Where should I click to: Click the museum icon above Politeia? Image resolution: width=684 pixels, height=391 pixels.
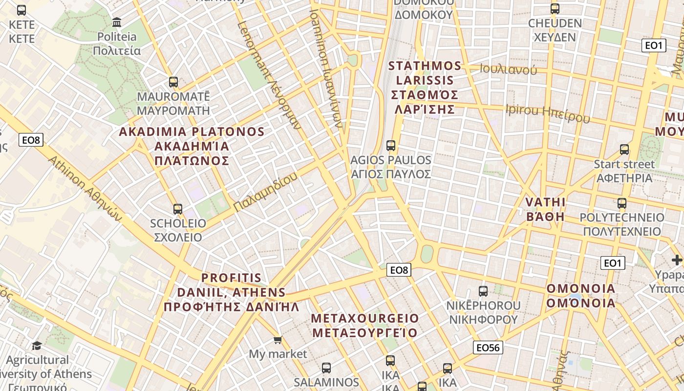tap(117, 22)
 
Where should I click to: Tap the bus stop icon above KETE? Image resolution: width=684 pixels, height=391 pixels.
tap(21, 10)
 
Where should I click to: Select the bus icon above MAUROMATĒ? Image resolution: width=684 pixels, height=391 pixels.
tap(173, 82)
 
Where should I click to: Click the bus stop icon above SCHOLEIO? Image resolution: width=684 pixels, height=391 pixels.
tap(178, 209)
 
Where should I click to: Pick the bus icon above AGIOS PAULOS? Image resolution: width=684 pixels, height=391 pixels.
tap(391, 145)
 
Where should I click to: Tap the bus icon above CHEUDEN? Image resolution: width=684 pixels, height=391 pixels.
tap(555, 9)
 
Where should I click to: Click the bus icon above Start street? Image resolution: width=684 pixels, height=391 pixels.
tap(624, 150)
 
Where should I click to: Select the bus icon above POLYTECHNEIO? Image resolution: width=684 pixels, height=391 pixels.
tap(622, 203)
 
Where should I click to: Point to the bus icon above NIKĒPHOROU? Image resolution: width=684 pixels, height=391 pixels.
tap(483, 291)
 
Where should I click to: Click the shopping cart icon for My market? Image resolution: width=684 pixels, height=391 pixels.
tap(278, 340)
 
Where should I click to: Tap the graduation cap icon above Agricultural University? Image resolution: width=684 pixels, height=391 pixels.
tap(37, 346)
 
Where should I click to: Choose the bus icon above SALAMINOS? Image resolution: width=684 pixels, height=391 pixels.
tap(326, 368)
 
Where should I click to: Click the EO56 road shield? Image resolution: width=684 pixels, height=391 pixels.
tap(488, 348)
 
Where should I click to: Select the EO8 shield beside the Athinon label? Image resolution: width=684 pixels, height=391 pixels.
tap(31, 140)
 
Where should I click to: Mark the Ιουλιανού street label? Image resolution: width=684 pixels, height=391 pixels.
tap(508, 69)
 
